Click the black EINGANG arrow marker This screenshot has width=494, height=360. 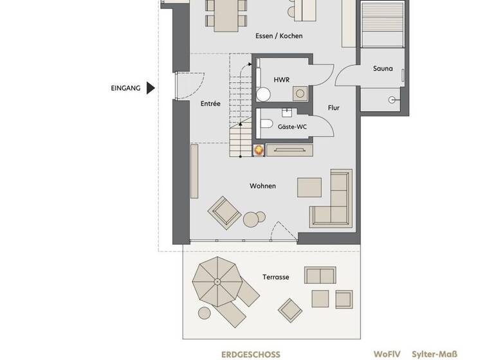pyautogui.click(x=151, y=88)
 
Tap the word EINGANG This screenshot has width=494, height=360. pyautogui.click(x=125, y=88)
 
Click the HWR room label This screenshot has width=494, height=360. pyautogui.click(x=281, y=80)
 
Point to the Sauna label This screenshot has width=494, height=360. pyautogui.click(x=383, y=68)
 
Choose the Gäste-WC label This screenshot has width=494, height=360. pyautogui.click(x=292, y=127)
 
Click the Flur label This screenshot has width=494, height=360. pyautogui.click(x=333, y=108)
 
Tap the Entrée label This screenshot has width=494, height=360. pyautogui.click(x=210, y=104)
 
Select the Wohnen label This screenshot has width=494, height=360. pyautogui.click(x=263, y=186)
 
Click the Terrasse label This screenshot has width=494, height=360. pyautogui.click(x=275, y=277)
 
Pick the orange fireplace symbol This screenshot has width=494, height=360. pyautogui.click(x=259, y=150)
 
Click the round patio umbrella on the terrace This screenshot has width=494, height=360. pyautogui.click(x=216, y=281)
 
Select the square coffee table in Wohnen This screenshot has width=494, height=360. pyautogui.click(x=309, y=186)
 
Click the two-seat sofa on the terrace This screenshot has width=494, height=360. pyautogui.click(x=320, y=276)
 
